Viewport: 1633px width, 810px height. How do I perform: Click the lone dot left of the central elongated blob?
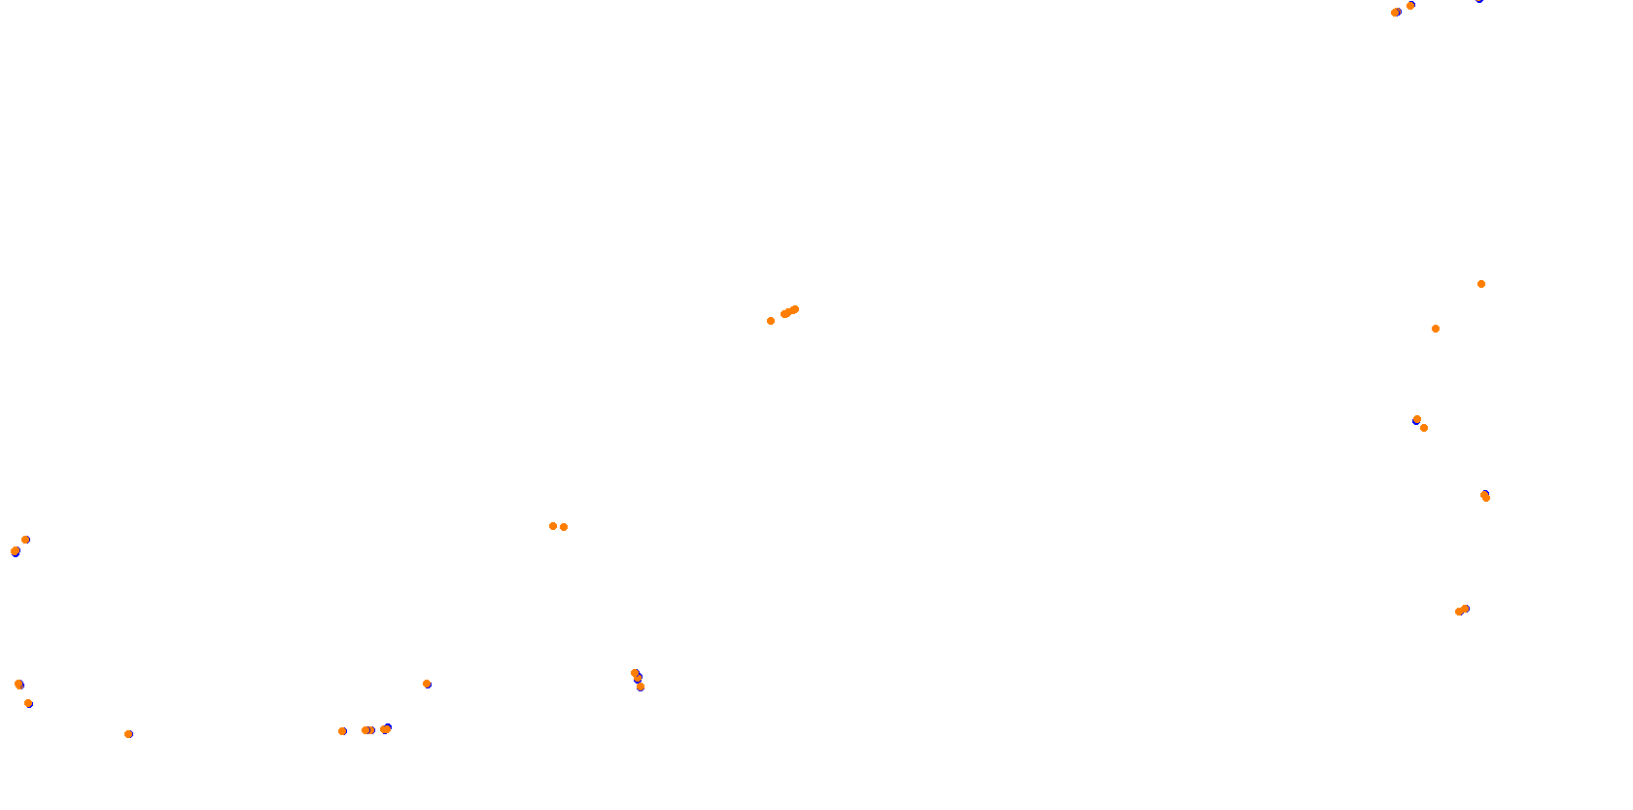click(771, 321)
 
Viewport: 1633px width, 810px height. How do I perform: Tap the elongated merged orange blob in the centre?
click(789, 312)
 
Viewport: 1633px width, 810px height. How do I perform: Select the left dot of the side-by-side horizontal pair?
click(553, 526)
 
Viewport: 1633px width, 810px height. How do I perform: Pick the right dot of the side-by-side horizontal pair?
click(564, 527)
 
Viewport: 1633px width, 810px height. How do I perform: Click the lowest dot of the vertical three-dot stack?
click(641, 687)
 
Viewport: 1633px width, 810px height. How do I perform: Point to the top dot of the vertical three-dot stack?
click(635, 673)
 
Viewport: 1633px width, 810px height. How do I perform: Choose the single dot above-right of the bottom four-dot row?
click(427, 684)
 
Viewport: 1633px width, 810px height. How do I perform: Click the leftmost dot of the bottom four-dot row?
click(342, 731)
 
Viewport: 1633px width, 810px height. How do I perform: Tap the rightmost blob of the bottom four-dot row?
click(386, 729)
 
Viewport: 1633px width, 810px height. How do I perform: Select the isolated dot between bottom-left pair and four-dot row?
click(128, 734)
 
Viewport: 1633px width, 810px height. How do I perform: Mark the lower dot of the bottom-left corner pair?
click(28, 703)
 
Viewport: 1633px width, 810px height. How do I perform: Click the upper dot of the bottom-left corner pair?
click(18, 685)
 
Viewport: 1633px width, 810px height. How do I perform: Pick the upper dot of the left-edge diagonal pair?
click(25, 540)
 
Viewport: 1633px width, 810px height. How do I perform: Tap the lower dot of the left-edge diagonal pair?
click(15, 551)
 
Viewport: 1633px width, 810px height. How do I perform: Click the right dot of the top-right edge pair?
click(1410, 6)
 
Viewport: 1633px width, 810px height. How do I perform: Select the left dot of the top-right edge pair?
click(1395, 13)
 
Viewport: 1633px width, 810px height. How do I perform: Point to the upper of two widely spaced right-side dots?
click(1481, 284)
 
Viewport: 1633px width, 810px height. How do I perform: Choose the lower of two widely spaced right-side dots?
click(1436, 329)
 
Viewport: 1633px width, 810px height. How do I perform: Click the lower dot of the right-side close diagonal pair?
click(1424, 428)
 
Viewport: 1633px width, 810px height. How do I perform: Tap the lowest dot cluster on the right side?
click(1462, 611)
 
